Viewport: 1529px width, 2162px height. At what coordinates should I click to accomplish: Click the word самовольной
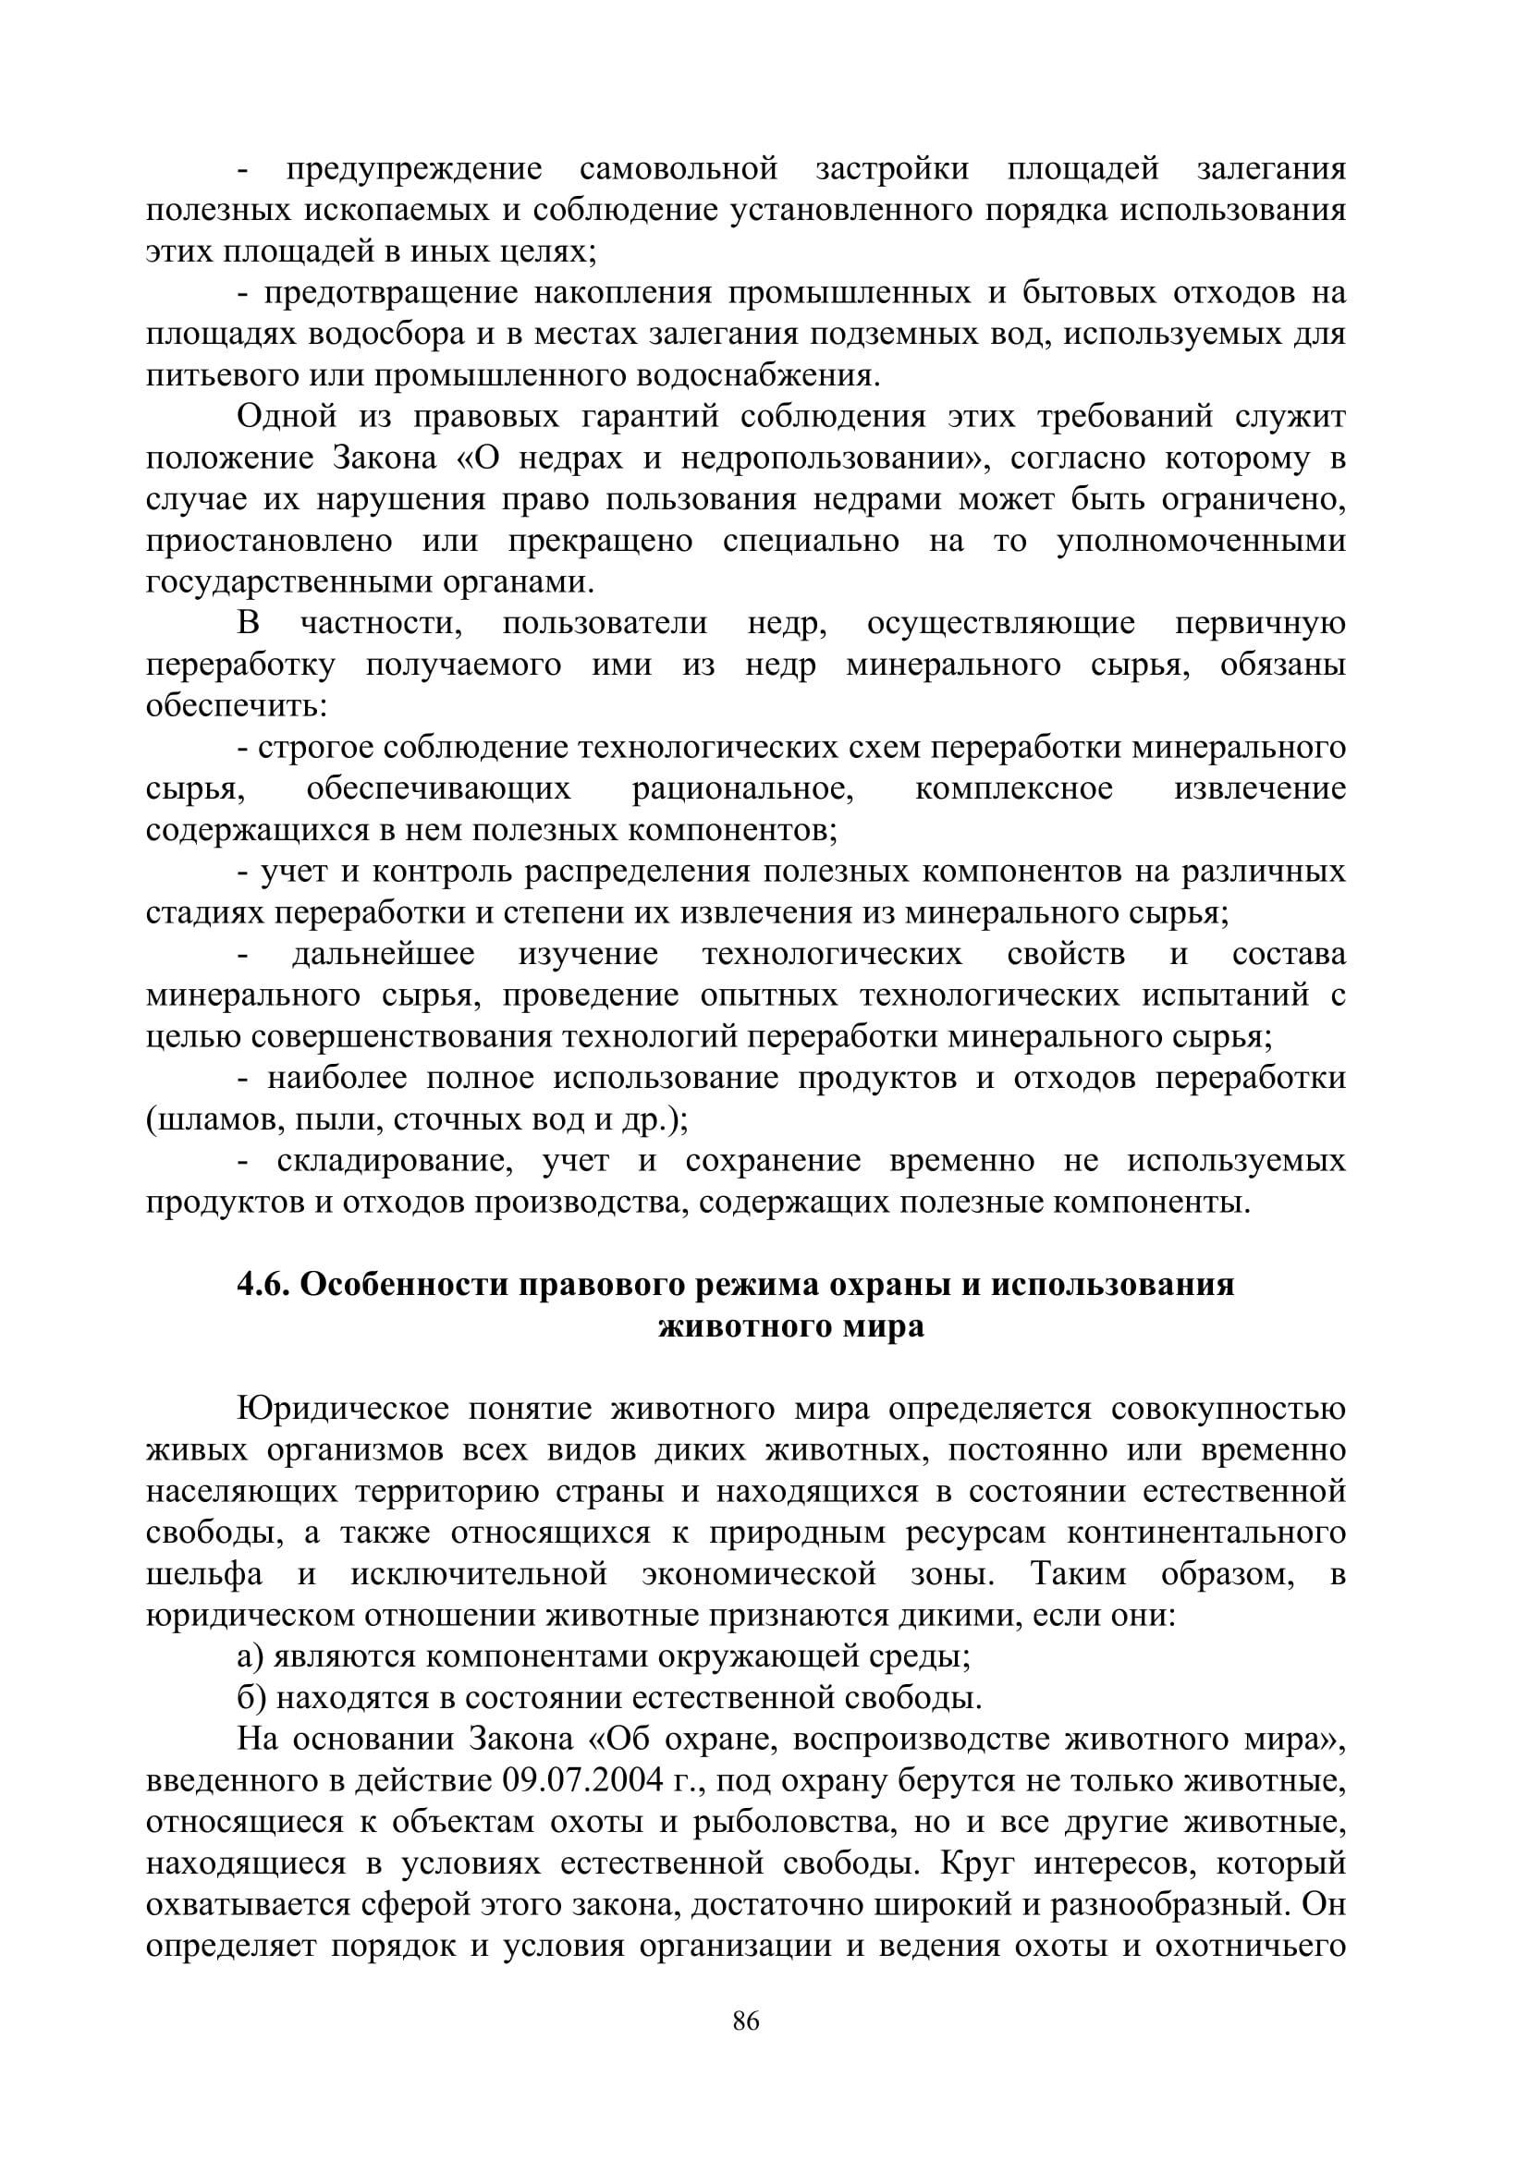(679, 169)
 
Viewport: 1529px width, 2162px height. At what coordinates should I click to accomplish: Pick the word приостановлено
(269, 542)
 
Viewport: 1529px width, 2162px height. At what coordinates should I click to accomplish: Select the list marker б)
(251, 1699)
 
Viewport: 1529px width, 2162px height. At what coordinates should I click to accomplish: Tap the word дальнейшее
(384, 954)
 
